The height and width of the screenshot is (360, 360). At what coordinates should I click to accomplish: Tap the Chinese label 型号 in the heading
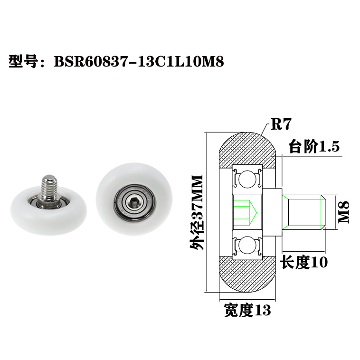(x=23, y=62)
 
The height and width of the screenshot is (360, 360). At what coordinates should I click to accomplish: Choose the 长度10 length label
(x=304, y=262)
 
